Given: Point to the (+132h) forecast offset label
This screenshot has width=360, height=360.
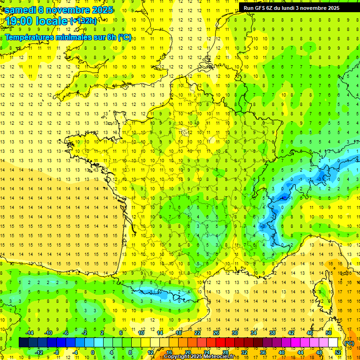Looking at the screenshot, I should click(83, 21).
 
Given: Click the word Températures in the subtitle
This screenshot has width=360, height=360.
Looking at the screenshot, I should click(30, 37).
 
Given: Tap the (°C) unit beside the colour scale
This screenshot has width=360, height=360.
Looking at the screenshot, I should click(349, 343).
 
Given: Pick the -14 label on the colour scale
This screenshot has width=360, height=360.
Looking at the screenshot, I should click(30, 332).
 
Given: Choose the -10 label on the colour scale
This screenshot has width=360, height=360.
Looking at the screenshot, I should click(48, 332).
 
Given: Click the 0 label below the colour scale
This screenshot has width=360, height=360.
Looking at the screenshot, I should click(93, 352).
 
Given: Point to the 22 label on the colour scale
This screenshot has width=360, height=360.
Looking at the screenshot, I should click(197, 332).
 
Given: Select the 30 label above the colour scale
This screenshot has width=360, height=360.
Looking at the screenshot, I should click(234, 332).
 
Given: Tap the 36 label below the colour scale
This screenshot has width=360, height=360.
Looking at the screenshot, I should click(263, 352).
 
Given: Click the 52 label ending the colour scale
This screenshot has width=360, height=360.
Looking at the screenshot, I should click(337, 352).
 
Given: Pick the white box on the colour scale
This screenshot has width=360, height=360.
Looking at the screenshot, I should click(333, 343).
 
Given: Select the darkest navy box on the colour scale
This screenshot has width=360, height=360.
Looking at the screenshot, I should click(23, 343).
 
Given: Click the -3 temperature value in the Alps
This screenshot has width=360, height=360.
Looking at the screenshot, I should click(320, 179).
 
